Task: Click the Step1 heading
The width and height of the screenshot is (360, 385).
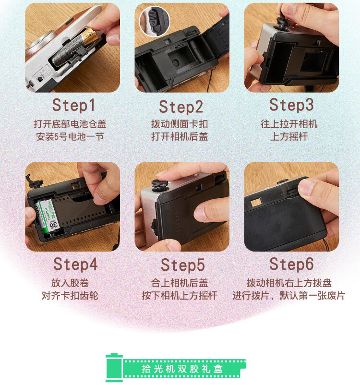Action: [73, 105]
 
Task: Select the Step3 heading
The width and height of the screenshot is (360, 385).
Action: [291, 105]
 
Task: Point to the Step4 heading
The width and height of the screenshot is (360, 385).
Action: [75, 265]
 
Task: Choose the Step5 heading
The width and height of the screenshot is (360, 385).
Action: [183, 265]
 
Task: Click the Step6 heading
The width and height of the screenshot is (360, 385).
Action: [291, 265]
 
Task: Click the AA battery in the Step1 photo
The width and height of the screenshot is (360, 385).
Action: [74, 47]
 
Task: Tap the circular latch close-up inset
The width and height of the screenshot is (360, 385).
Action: [155, 21]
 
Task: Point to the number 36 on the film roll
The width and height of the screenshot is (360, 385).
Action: [54, 225]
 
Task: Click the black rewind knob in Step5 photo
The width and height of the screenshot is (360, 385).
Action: [159, 184]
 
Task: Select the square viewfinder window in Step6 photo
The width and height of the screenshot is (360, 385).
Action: [256, 203]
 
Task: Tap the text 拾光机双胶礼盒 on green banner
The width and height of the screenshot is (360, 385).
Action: [182, 369]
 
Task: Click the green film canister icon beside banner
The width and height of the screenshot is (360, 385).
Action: [114, 368]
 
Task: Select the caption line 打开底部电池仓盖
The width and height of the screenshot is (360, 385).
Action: [70, 124]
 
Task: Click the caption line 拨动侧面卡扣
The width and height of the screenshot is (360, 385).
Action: [180, 124]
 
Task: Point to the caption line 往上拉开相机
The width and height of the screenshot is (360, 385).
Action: [289, 124]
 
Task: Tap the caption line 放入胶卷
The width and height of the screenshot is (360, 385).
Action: [70, 283]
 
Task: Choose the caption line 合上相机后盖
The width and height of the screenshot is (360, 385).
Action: [180, 283]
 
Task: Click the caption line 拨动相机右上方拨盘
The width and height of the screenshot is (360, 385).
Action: [289, 283]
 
